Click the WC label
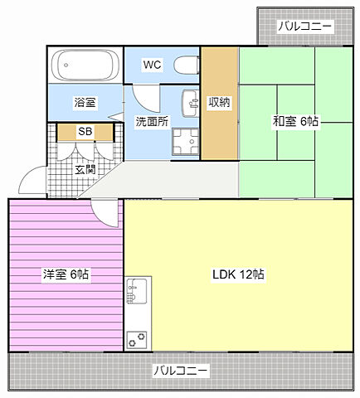[152, 65]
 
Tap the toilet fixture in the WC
[187, 65]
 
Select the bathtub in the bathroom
[84, 65]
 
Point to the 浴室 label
[85, 103]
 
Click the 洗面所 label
[152, 121]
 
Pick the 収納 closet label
[219, 103]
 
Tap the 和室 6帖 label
[295, 121]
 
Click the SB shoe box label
[85, 131]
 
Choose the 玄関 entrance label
[85, 170]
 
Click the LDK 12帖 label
[238, 274]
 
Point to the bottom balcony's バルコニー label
[181, 371]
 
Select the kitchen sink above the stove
[137, 293]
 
